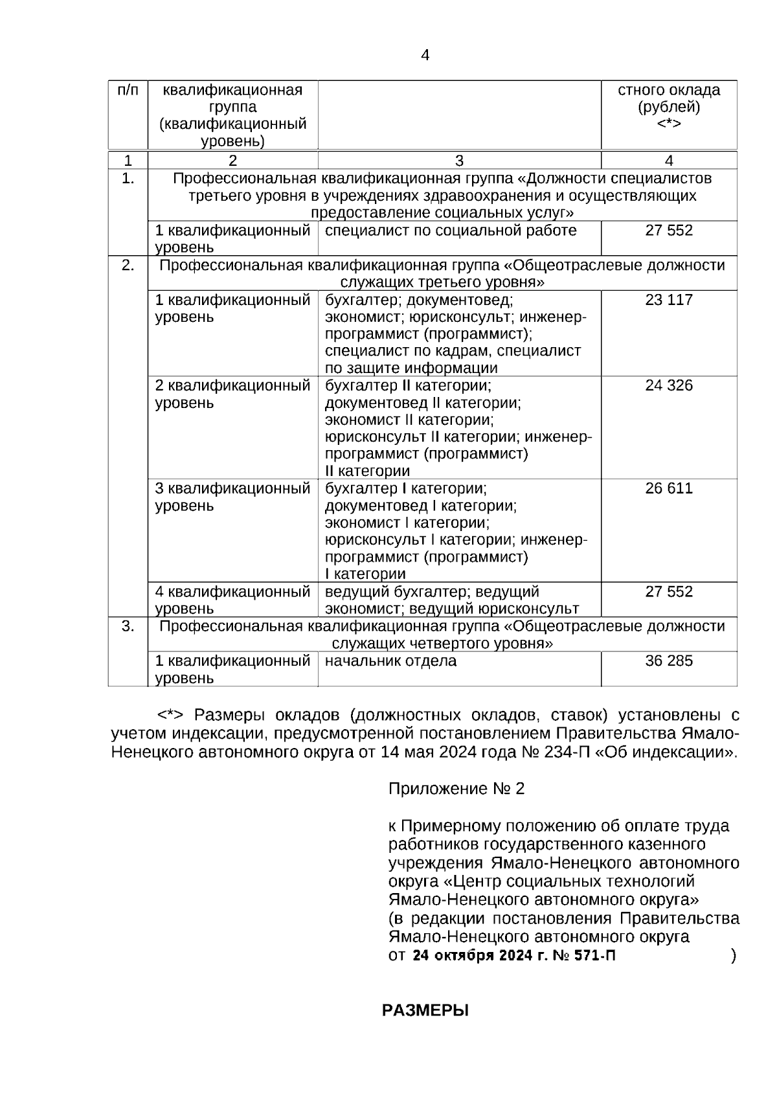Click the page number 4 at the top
tap(425, 56)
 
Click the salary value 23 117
tap(669, 300)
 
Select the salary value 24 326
tap(669, 385)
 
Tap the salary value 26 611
tap(669, 488)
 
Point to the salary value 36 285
tap(669, 661)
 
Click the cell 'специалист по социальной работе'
tap(451, 231)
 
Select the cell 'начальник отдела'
tap(390, 661)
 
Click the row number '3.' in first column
tap(128, 626)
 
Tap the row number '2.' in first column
tap(128, 266)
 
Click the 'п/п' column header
tap(128, 90)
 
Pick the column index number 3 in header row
tap(459, 161)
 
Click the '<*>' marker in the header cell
tap(669, 124)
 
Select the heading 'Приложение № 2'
tap(456, 789)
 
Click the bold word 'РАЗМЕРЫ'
tap(425, 1011)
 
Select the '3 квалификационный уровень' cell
tap(232, 497)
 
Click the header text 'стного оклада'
tap(669, 90)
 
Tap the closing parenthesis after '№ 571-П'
tap(733, 956)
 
